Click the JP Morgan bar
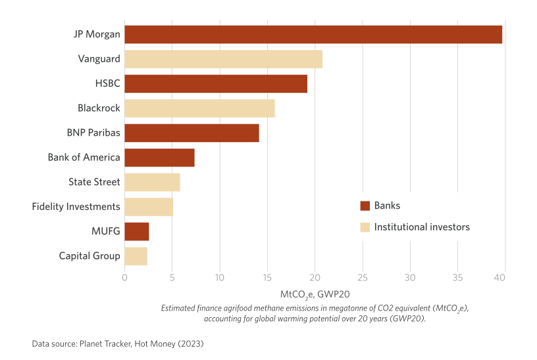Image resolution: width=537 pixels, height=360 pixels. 313,34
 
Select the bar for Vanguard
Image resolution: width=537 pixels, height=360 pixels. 224,59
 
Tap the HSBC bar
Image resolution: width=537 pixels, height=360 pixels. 216,84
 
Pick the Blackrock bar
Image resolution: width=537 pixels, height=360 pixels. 199,108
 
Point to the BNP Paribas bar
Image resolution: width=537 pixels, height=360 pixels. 192,133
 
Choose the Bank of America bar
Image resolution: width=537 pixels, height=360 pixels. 159,157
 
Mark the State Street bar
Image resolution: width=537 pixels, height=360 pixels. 152,182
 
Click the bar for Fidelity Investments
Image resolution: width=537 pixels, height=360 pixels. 149,207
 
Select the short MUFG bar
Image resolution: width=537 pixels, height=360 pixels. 137,232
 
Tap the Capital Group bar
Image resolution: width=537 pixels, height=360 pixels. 136,256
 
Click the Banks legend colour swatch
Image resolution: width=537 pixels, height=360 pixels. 365,206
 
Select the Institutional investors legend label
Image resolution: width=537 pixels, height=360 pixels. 422,227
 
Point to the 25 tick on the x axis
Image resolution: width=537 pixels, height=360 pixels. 363,278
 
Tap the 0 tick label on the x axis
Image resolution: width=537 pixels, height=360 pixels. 124,278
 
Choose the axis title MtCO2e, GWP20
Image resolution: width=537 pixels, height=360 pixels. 315,294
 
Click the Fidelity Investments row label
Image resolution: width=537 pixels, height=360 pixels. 76,207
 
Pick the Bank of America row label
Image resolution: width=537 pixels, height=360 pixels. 84,157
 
